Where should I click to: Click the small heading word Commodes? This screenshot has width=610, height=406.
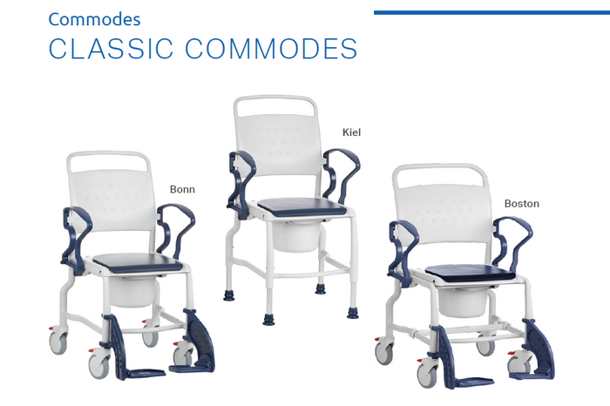[94, 19]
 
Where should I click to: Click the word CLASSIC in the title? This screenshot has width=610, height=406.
[111, 49]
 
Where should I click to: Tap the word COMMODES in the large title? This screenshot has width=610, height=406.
[271, 49]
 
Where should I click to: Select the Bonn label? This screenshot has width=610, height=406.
[182, 189]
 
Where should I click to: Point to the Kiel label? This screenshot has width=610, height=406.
[351, 132]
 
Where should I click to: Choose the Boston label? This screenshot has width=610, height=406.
[522, 203]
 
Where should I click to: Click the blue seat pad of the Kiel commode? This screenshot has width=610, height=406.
[302, 206]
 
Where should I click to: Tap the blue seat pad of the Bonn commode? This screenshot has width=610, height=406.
[138, 262]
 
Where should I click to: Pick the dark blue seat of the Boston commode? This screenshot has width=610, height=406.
[471, 273]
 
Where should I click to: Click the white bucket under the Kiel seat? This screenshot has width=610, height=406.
[296, 235]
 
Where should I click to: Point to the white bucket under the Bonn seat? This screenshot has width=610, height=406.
[132, 292]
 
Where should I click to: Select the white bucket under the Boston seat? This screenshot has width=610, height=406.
[463, 302]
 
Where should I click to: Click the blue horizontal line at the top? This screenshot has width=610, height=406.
[491, 13]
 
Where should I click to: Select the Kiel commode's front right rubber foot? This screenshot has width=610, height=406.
[352, 313]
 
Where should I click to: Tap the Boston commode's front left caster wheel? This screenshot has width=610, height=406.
[427, 375]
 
